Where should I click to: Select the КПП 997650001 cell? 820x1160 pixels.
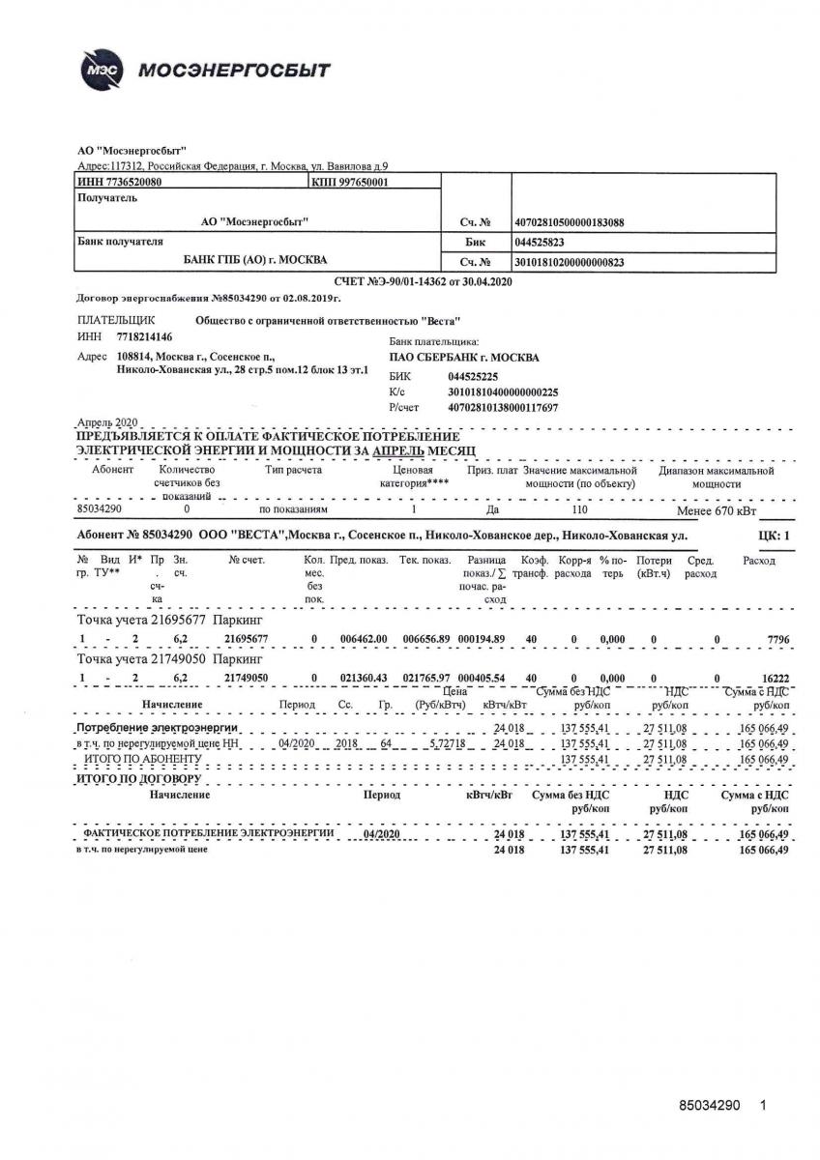[351, 181]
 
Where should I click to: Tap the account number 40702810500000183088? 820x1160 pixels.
[570, 222]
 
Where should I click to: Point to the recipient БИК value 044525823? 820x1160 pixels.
[541, 243]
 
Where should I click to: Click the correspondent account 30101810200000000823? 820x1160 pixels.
[570, 262]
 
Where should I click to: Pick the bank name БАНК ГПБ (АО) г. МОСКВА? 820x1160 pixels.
[255, 259]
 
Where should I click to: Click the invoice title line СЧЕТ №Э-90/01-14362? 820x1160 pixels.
[423, 281]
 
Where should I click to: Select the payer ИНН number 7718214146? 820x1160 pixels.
[144, 336]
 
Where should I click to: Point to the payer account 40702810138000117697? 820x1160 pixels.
[503, 408]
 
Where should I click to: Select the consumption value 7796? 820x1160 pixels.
[776, 640]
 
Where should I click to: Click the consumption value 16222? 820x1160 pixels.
[774, 678]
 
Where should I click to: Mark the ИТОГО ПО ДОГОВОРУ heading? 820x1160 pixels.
[138, 777]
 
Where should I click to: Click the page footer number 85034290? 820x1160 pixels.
[710, 1104]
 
